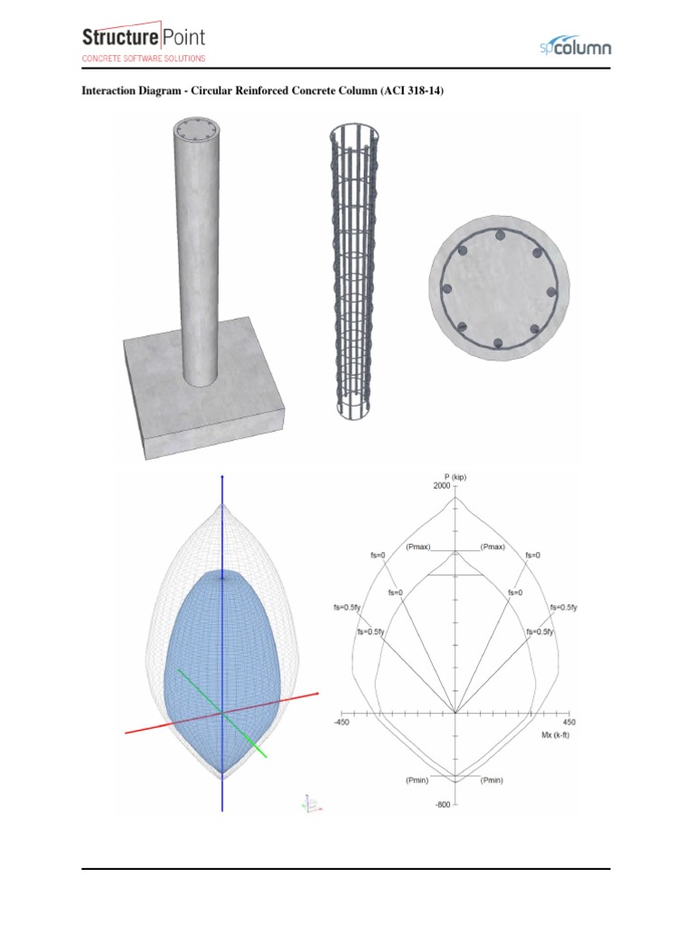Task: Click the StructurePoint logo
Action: click(x=144, y=38)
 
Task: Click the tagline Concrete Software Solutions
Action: click(x=144, y=59)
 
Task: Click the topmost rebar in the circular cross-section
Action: click(x=498, y=235)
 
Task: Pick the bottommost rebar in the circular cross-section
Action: click(x=498, y=343)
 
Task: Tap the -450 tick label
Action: click(x=342, y=723)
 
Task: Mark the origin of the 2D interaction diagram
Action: click(x=455, y=713)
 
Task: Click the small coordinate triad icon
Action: click(x=310, y=803)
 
